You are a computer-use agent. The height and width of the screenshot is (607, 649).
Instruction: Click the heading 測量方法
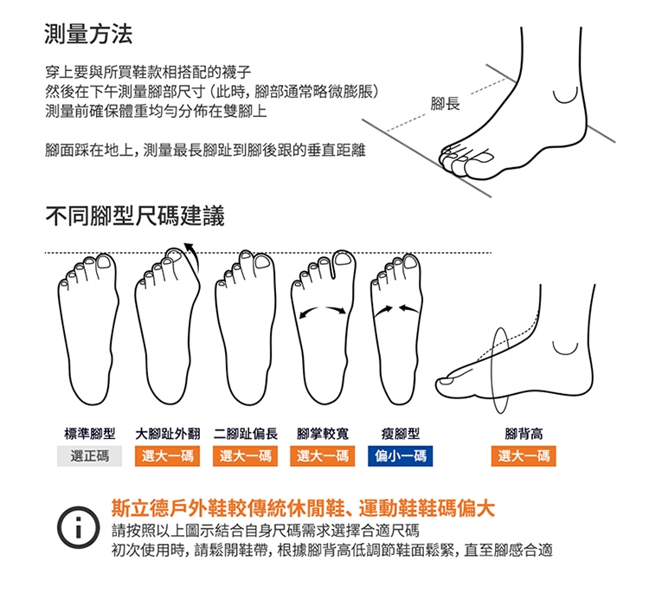88,34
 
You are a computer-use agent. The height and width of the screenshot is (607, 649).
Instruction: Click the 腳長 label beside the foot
445,104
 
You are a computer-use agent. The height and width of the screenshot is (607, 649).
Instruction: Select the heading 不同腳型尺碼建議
135,216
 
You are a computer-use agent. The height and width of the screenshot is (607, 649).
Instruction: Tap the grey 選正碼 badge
89,455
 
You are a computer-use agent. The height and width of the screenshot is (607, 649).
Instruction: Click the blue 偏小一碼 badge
401,455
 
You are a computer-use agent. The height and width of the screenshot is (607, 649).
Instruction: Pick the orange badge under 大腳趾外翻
167,455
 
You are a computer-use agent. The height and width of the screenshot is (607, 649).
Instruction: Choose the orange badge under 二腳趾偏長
245,455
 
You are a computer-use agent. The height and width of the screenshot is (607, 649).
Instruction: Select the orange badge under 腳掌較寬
323,455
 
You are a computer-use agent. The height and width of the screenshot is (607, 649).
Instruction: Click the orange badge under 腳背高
524,455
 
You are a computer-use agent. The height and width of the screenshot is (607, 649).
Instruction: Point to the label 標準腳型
90,434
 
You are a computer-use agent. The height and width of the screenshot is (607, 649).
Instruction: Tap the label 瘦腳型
401,434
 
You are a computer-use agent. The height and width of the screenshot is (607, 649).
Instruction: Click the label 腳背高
524,434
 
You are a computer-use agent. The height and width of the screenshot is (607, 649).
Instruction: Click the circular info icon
78,527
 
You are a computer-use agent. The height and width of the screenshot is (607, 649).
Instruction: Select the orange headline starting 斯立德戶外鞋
303,508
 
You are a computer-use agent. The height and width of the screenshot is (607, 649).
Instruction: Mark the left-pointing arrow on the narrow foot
408,308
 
